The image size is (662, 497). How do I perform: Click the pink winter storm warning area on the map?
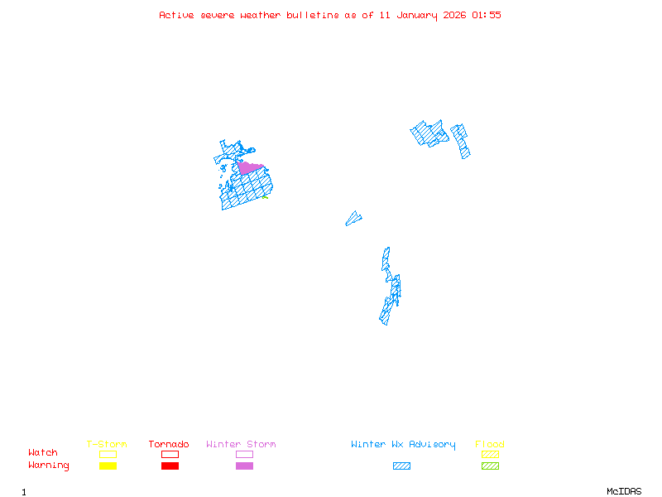[x=249, y=168]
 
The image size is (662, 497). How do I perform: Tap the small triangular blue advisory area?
[x=353, y=219]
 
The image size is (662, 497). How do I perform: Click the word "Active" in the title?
[x=176, y=15]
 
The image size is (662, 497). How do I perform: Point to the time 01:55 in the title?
[x=486, y=15]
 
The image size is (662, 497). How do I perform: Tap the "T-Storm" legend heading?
[x=107, y=445]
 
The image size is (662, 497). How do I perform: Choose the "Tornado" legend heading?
[x=169, y=445]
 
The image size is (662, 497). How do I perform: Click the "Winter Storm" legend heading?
[x=241, y=445]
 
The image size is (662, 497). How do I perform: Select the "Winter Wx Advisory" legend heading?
[x=403, y=445]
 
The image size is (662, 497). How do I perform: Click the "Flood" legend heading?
[x=490, y=445]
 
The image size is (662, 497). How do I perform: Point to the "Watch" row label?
[x=43, y=453]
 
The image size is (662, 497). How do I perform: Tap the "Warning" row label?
[x=49, y=466]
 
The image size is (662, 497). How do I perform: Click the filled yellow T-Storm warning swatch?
[x=108, y=466]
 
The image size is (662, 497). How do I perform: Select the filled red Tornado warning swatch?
[x=170, y=466]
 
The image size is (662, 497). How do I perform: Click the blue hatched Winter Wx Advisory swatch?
[x=401, y=466]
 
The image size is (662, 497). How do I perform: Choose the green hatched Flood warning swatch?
[x=490, y=466]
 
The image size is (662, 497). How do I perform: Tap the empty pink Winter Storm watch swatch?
[x=244, y=454]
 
